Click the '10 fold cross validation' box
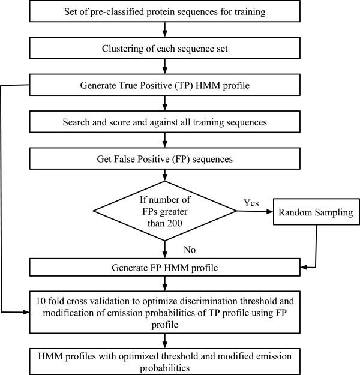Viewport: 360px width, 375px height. [x=164, y=311]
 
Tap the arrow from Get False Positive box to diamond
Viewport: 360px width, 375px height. [x=164, y=176]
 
